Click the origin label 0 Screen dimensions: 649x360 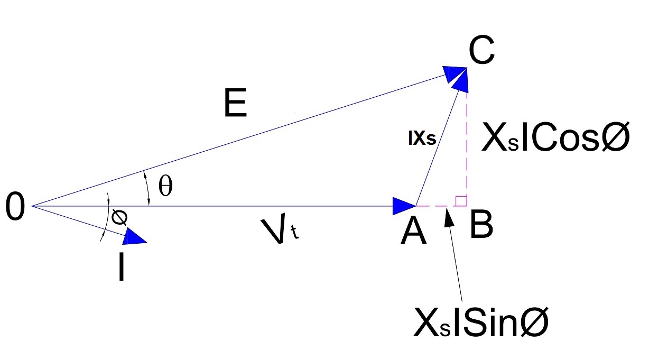pos(16,207)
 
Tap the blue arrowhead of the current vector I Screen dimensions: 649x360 pos(134,238)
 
